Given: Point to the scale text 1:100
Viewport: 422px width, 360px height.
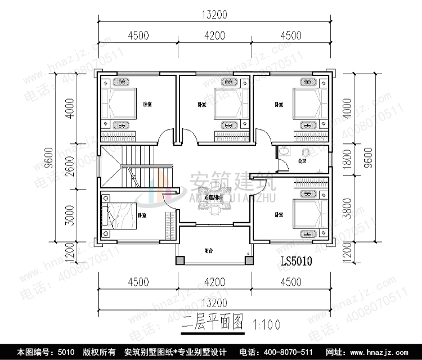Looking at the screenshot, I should [x=267, y=325].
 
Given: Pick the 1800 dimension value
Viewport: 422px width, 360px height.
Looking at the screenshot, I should [x=348, y=160].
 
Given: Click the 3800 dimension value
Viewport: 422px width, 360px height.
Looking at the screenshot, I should [x=348, y=208].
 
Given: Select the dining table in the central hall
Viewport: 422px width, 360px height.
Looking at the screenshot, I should [x=213, y=199].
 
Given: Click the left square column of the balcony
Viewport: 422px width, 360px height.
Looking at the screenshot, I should [x=180, y=260].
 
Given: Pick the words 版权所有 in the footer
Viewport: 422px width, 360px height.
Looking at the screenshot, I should [x=101, y=352].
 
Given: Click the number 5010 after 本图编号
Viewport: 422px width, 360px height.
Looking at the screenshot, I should [x=66, y=352].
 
